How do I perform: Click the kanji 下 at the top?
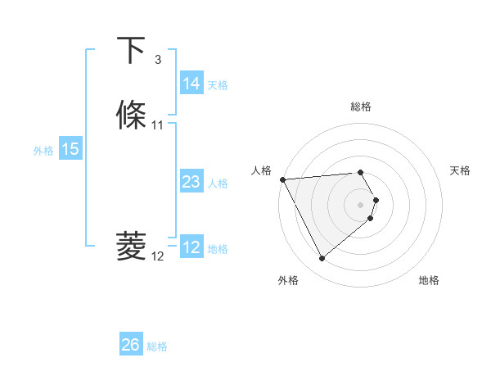click(x=132, y=50)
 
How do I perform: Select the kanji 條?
click(x=132, y=115)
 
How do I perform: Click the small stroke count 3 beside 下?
click(x=157, y=60)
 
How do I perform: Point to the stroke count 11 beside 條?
click(x=158, y=125)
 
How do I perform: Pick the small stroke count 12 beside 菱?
click(x=158, y=256)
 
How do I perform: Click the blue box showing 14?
click(x=191, y=84)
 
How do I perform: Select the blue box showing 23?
click(x=191, y=183)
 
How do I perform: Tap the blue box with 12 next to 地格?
click(x=191, y=248)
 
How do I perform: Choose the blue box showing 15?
click(x=70, y=150)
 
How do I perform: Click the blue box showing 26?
click(x=130, y=346)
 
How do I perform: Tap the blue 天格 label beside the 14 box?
click(x=218, y=84)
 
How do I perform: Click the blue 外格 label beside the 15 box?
click(x=43, y=151)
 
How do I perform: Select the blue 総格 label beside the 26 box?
click(x=157, y=346)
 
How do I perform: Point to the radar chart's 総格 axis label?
click(x=360, y=106)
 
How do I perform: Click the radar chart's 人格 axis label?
click(x=262, y=170)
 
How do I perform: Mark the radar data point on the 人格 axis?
click(x=282, y=179)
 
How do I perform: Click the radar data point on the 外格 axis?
click(x=322, y=259)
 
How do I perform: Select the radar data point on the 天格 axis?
click(x=376, y=200)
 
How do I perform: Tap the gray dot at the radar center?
click(x=360, y=204)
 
